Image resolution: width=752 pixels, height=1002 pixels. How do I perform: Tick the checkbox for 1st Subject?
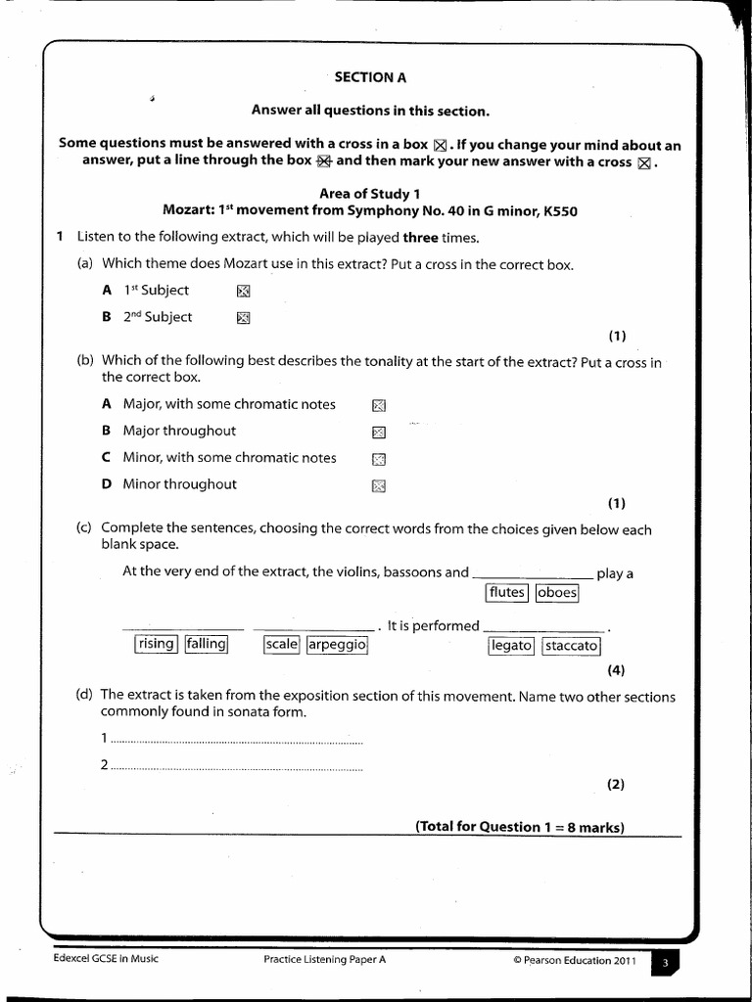[x=244, y=291]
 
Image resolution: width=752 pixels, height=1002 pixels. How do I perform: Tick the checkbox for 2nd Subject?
[x=244, y=317]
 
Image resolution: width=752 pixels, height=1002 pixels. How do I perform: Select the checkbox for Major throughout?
[x=379, y=432]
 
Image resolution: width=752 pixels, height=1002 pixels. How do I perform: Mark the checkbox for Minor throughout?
[x=379, y=485]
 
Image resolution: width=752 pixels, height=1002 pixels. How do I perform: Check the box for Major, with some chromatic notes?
[x=379, y=405]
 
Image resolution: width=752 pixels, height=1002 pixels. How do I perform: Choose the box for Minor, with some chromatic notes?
[x=379, y=459]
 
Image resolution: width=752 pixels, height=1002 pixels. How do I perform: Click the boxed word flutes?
[x=506, y=593]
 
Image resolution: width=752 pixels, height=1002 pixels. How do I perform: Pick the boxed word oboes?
[x=557, y=593]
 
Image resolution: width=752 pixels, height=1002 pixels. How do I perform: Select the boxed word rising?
[x=156, y=644]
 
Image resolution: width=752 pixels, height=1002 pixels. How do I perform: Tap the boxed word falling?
[x=207, y=644]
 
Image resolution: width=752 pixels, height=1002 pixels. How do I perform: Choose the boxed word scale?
[x=281, y=645]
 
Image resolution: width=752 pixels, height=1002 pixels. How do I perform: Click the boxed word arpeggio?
[x=337, y=645]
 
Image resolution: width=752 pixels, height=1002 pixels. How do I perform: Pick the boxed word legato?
[x=511, y=646]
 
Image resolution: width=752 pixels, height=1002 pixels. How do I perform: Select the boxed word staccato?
[x=571, y=646]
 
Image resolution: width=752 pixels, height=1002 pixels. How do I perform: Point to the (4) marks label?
[x=615, y=670]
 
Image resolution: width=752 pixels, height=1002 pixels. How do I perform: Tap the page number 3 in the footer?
[x=665, y=964]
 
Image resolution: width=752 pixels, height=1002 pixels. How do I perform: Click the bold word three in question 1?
[x=420, y=238]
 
